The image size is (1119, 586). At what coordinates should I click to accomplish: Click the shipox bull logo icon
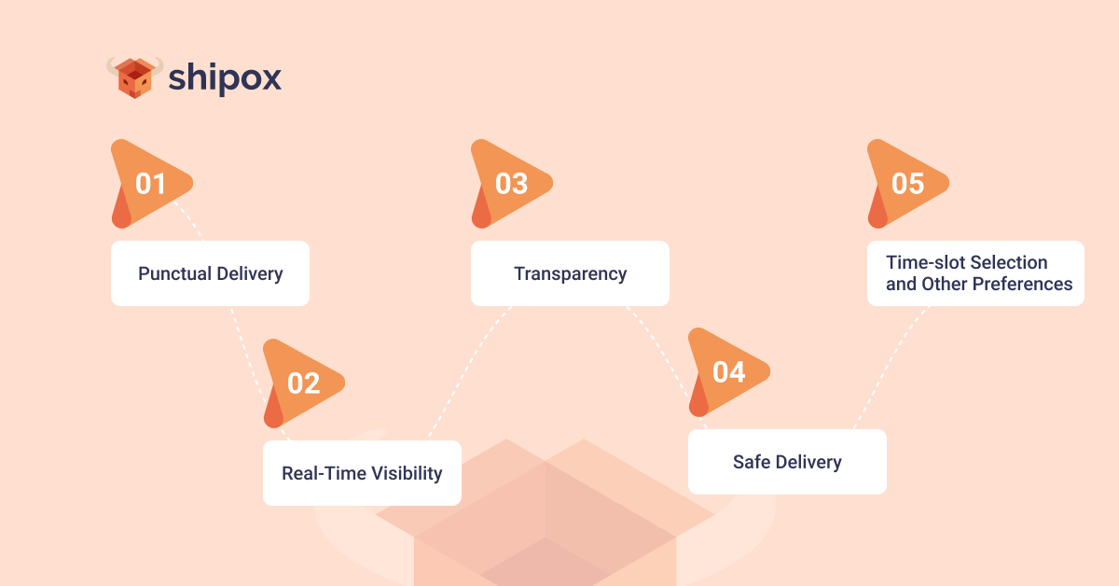[134, 77]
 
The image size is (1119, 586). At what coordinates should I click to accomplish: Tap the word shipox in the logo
[225, 78]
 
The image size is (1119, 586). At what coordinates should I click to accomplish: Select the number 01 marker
[150, 184]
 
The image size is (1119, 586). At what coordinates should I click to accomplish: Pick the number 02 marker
[303, 383]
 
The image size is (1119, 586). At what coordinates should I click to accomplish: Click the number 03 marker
[511, 184]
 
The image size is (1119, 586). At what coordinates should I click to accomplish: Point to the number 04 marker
[728, 371]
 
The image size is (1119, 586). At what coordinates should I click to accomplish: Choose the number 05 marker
[907, 184]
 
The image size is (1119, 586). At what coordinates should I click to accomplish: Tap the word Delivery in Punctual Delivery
[249, 274]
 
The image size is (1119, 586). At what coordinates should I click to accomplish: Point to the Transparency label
[570, 274]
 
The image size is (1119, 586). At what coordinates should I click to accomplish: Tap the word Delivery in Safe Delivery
[807, 462]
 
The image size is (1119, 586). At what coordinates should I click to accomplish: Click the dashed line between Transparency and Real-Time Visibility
[466, 373]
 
